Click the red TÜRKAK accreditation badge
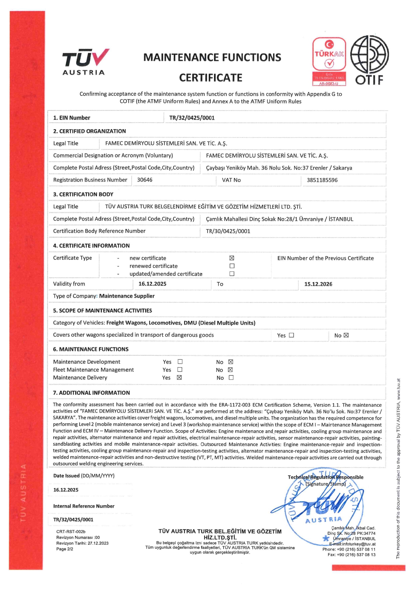329,61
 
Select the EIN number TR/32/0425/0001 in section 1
192,118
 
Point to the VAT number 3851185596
322,180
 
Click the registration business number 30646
145,180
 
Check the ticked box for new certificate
232,258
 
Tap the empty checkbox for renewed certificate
232,266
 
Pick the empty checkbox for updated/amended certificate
232,274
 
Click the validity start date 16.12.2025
152,284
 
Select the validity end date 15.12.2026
318,284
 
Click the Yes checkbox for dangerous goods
291,335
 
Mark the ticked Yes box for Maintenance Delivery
179,377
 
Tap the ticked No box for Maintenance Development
231,362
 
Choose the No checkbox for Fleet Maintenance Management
230,370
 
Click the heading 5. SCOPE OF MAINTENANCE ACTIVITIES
102,310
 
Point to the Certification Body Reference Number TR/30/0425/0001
228,231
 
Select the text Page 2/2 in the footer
64,549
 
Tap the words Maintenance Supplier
127,296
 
